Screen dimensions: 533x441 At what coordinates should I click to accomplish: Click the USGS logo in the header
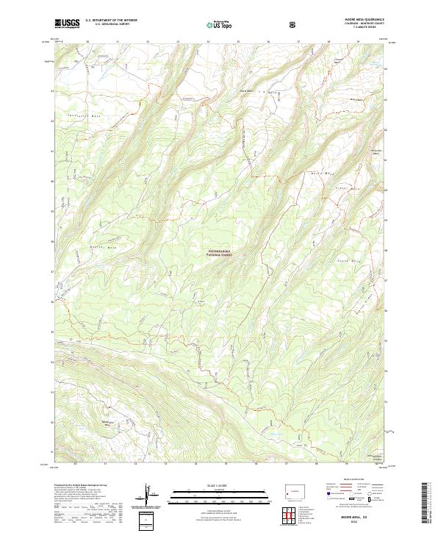pos(67,24)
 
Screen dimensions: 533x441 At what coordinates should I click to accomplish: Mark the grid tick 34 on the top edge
pos(208,42)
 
